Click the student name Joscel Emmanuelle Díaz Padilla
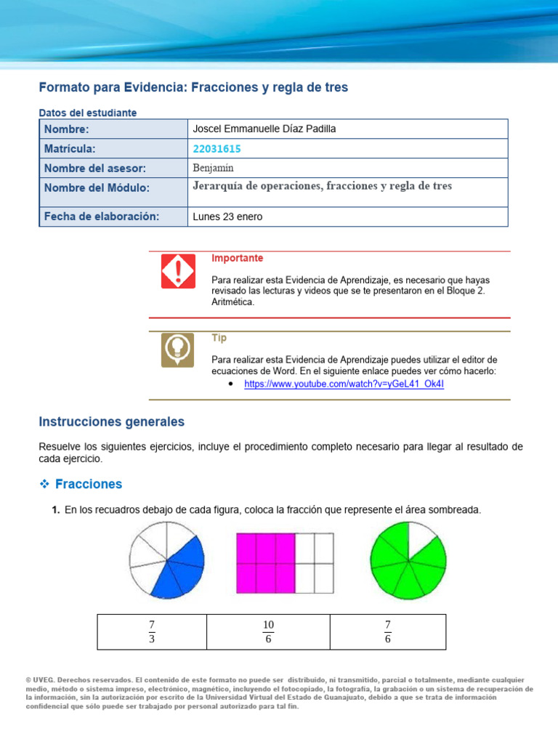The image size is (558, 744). coord(264,129)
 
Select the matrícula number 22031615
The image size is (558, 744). coord(217,149)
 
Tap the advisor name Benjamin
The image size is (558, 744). coord(214,168)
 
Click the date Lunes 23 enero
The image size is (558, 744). coord(227,217)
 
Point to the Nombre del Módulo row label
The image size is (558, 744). coord(97,188)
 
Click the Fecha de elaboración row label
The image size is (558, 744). coord(101,217)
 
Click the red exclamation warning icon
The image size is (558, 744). coord(178,271)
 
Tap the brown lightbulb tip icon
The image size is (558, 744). coord(178,349)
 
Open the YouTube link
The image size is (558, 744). coord(344,384)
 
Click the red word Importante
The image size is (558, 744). coord(237,258)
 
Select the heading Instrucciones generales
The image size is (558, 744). coord(111,421)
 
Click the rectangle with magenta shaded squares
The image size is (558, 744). coord(285,563)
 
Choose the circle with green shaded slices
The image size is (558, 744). coord(408,562)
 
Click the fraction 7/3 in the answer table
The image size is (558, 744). coord(152,631)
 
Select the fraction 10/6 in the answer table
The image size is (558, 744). coord(268,631)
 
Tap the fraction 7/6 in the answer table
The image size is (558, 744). coord(388,631)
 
